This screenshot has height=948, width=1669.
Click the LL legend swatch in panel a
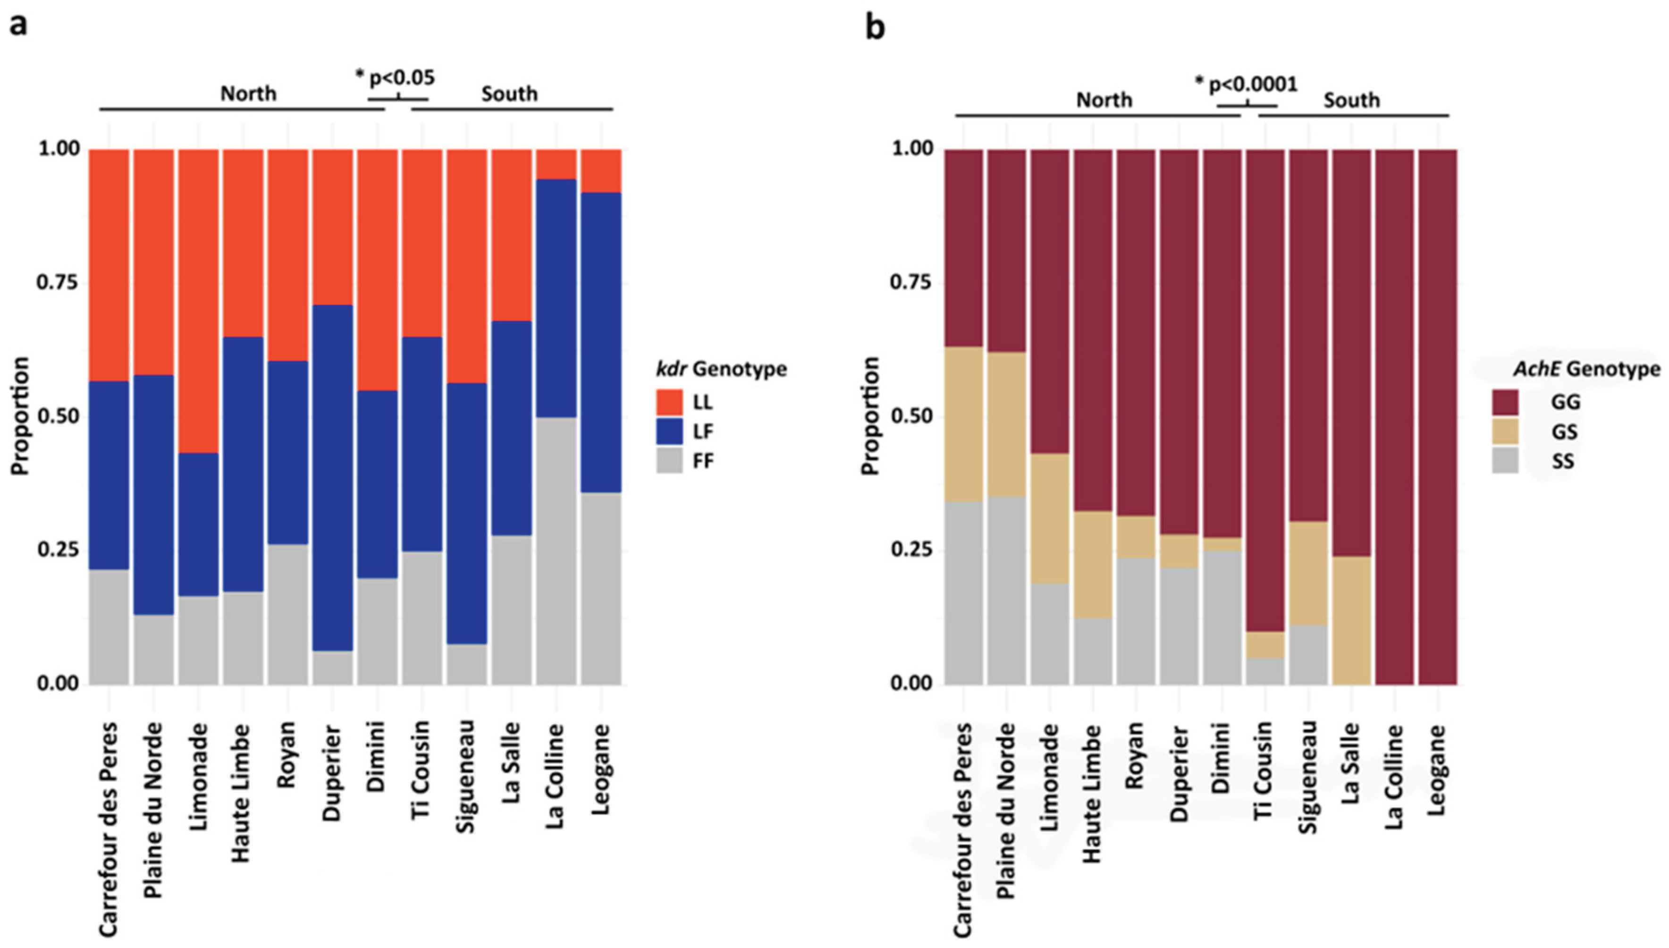pos(669,402)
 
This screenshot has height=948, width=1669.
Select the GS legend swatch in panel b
pos(1504,431)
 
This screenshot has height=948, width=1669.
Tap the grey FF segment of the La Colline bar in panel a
pos(556,550)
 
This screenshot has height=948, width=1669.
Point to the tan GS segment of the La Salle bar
pos(1351,619)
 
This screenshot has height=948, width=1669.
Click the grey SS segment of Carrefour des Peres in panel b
pos(963,592)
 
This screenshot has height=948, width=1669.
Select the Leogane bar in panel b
pos(1437,417)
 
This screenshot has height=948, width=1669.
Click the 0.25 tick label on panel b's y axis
pos(910,550)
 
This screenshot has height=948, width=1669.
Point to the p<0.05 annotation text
pos(401,77)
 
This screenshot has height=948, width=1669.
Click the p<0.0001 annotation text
pos(1252,84)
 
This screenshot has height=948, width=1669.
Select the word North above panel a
pos(248,94)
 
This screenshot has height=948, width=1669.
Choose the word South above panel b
pos(1351,100)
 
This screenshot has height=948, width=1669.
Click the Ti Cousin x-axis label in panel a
pos(421,768)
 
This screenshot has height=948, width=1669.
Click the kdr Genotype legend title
pos(721,369)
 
